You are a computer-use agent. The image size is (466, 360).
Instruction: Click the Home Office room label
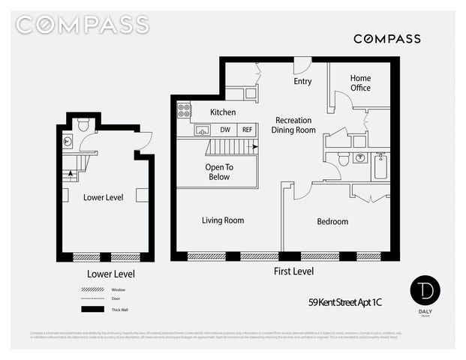(x=360, y=83)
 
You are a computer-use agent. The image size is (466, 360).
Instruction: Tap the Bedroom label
(x=332, y=221)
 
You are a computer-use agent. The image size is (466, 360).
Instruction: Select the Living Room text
(x=223, y=220)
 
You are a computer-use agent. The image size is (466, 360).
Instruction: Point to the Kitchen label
(x=223, y=112)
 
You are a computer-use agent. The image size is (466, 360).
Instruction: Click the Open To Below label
(x=219, y=172)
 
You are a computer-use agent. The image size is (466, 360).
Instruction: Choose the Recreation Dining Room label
(x=293, y=125)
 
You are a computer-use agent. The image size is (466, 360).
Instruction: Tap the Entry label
(x=302, y=82)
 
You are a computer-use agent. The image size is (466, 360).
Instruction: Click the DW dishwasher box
(x=224, y=130)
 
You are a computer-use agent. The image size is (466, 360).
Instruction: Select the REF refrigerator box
(x=248, y=130)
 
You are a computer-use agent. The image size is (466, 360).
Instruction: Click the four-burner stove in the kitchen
(x=183, y=111)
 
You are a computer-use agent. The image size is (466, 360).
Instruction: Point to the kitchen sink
(x=201, y=130)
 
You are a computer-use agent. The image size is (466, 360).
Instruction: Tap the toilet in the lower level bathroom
(x=83, y=124)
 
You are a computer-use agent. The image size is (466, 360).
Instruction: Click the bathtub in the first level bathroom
(x=380, y=166)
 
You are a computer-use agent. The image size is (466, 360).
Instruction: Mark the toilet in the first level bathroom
(x=343, y=158)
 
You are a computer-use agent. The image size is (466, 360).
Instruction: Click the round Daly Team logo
(x=425, y=291)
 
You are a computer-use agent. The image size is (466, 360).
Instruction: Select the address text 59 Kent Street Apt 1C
(x=350, y=303)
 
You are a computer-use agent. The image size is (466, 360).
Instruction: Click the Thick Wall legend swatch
(x=92, y=309)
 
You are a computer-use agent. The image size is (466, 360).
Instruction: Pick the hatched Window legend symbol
(x=92, y=289)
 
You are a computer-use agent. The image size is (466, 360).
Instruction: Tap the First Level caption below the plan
(x=293, y=271)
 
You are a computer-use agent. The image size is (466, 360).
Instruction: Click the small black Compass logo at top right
(x=386, y=39)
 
